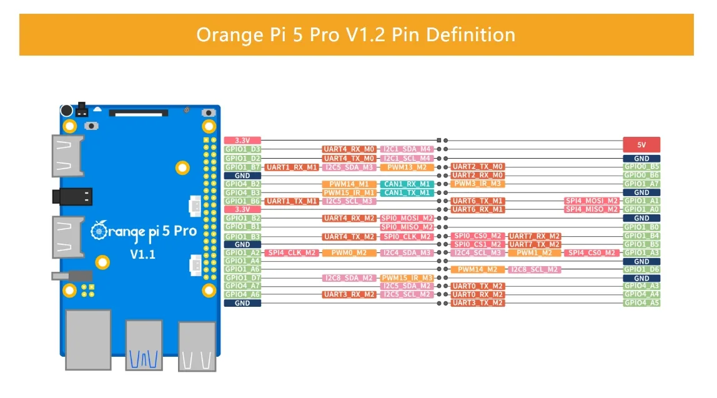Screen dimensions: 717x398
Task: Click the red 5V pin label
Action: point(641,144)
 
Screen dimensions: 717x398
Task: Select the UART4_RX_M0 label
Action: point(349,149)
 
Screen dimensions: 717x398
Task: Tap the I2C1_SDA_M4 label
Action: point(407,149)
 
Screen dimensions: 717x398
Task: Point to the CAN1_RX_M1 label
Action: point(407,184)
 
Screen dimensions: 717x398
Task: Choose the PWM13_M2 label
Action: point(407,167)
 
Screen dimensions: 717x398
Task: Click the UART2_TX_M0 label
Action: point(478,167)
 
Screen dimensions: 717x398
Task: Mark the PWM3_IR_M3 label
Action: point(478,184)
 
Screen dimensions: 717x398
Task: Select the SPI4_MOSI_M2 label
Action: point(591,201)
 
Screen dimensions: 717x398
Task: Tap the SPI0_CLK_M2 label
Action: point(407,237)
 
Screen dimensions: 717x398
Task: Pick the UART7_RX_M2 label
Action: point(534,236)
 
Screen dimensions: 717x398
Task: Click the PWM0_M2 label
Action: point(349,252)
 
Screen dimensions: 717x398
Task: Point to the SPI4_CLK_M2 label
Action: point(291,252)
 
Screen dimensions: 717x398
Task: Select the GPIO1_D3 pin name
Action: point(242,149)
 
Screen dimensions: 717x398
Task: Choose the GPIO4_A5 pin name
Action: point(641,303)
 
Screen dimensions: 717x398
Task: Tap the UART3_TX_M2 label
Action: point(478,303)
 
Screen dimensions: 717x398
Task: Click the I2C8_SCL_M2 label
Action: point(534,269)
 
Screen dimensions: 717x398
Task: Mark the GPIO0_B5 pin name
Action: point(641,167)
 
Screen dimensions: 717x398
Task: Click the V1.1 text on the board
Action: point(142,254)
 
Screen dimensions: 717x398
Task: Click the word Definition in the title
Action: point(470,35)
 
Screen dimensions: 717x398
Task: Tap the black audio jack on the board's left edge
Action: point(72,197)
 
